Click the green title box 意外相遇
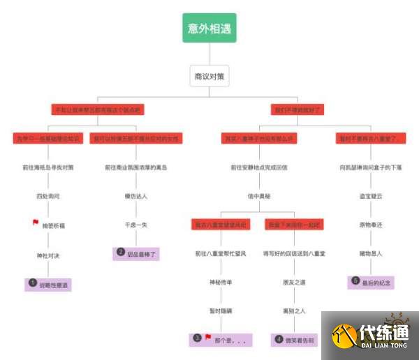click(x=209, y=28)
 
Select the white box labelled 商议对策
click(x=209, y=76)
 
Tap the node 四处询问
click(x=48, y=197)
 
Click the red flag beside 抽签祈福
click(x=36, y=223)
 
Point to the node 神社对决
click(x=48, y=256)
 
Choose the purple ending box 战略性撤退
click(x=50, y=284)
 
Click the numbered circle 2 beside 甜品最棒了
click(x=121, y=252)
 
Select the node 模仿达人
click(x=136, y=197)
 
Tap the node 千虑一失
click(x=136, y=225)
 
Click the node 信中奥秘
click(x=259, y=197)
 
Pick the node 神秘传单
click(x=220, y=282)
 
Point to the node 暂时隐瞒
click(x=220, y=310)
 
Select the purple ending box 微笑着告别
click(x=294, y=340)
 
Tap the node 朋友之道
click(x=294, y=282)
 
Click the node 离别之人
click(x=294, y=310)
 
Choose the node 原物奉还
click(x=371, y=225)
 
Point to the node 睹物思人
click(x=371, y=253)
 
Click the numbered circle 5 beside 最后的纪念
click(x=355, y=281)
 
